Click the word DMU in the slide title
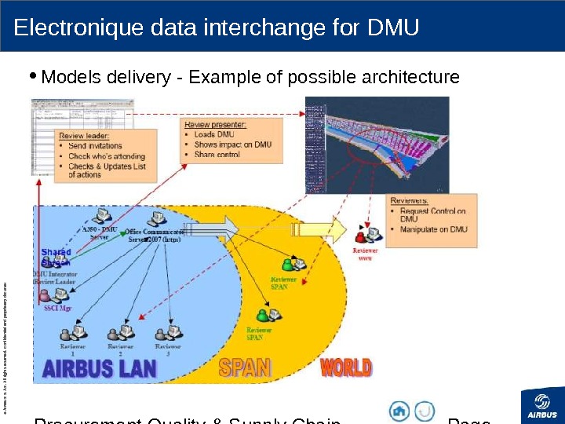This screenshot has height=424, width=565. click(393, 28)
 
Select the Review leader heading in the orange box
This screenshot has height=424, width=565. click(85, 135)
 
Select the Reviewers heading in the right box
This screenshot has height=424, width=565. click(409, 200)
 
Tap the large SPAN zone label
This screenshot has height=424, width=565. click(245, 367)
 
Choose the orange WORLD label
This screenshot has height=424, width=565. click(346, 367)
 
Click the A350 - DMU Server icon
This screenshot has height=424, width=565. click(101, 216)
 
